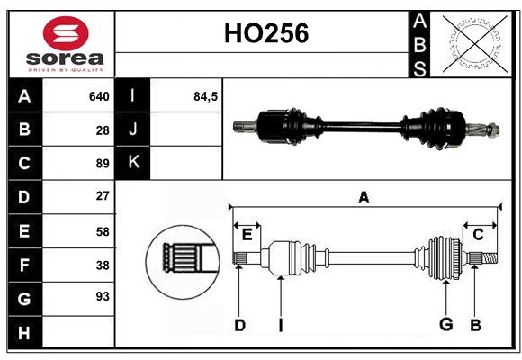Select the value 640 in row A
tap(99, 96)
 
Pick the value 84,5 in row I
tap(206, 96)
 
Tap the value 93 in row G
tap(102, 296)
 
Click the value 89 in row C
tap(102, 163)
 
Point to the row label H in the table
tap(24, 332)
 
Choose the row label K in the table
tap(133, 163)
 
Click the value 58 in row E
tap(102, 231)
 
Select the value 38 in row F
tap(102, 265)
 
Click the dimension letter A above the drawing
tap(364, 197)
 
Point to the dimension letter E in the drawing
tap(247, 234)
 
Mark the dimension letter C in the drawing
tap(478, 234)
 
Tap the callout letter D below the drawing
tap(239, 325)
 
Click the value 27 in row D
tap(102, 196)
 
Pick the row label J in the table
tap(133, 130)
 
